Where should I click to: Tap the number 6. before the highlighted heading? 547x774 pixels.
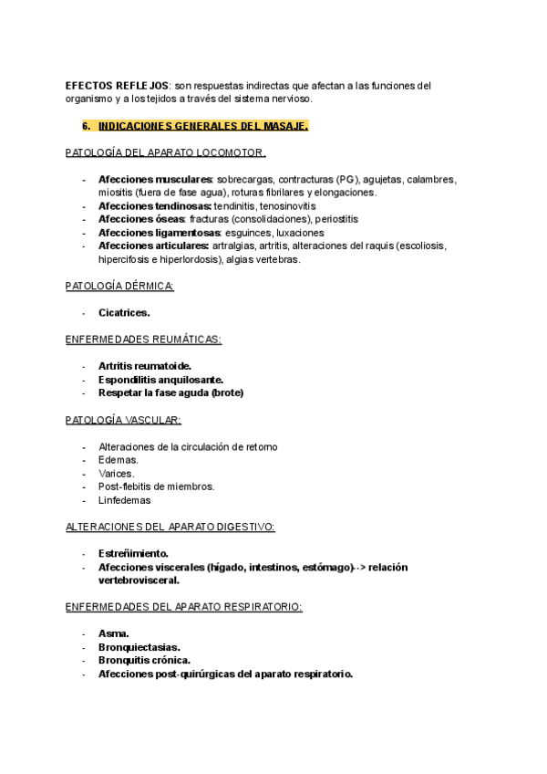87,126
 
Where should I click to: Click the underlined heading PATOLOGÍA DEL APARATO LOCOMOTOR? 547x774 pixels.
166,152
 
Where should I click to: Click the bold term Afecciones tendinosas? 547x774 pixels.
154,206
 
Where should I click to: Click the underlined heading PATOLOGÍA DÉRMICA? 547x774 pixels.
119,287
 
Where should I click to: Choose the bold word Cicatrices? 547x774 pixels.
124,313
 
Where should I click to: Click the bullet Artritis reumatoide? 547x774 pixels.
145,366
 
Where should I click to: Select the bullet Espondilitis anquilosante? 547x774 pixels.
160,380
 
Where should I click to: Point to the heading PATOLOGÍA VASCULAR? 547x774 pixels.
123,420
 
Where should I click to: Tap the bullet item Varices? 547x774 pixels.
116,474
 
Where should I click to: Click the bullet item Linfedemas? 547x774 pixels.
125,500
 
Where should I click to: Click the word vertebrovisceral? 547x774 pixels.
139,580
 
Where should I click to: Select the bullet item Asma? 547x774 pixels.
114,633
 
